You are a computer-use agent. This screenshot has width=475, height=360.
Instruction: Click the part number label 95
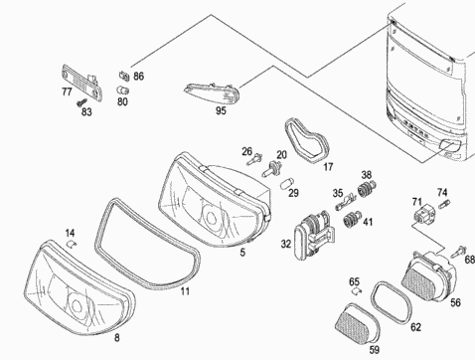click(221, 110)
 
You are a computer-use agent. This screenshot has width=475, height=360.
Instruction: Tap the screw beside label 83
click(81, 102)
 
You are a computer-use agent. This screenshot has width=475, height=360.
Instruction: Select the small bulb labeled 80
click(122, 90)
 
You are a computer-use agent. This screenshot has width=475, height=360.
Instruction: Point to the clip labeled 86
click(124, 76)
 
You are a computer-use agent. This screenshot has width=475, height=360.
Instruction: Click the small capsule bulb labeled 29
click(286, 184)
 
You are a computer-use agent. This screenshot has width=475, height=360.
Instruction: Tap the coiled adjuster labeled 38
click(367, 188)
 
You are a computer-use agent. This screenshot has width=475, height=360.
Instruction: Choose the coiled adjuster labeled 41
click(352, 219)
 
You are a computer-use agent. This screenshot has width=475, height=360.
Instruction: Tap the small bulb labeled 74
click(444, 204)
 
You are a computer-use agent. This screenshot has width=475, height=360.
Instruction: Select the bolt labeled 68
click(458, 252)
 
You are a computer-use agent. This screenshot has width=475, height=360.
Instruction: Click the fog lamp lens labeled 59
click(357, 322)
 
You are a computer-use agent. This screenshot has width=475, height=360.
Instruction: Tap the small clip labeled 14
click(71, 245)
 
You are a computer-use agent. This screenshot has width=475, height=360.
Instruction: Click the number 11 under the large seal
click(185, 291)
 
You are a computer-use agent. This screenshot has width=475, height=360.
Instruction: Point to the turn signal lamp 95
click(213, 92)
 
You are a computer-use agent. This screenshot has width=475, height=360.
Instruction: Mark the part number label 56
click(455, 302)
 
